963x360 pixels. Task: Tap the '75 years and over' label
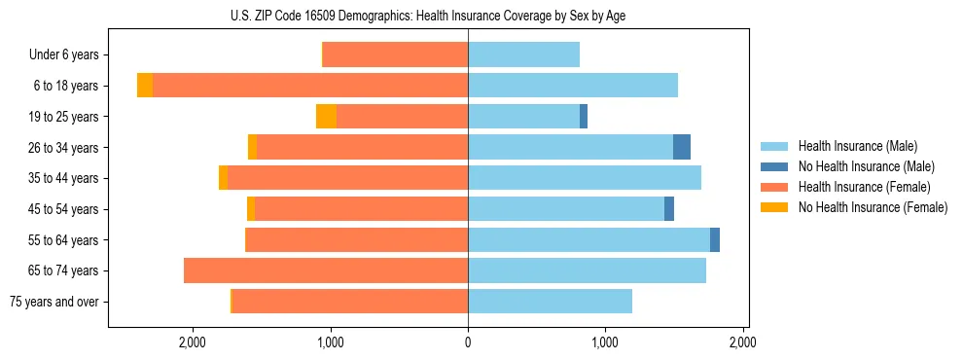point(54,302)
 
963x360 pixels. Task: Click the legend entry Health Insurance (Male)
point(857,146)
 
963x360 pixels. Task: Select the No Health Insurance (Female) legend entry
point(871,207)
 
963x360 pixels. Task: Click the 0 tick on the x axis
point(468,342)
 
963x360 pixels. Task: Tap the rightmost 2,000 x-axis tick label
point(743,342)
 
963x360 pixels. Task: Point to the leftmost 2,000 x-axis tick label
point(193,342)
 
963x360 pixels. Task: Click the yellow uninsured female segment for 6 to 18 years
point(145,86)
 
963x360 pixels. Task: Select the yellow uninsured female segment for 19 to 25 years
point(326,117)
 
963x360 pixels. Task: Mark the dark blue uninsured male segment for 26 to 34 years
point(682,147)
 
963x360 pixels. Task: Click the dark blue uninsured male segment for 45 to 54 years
point(669,208)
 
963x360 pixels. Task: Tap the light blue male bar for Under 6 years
point(523,55)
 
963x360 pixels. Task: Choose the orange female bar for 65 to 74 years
point(326,270)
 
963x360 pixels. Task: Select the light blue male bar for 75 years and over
point(550,302)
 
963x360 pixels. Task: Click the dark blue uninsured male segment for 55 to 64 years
point(715,239)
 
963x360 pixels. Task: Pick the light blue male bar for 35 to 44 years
point(585,178)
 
